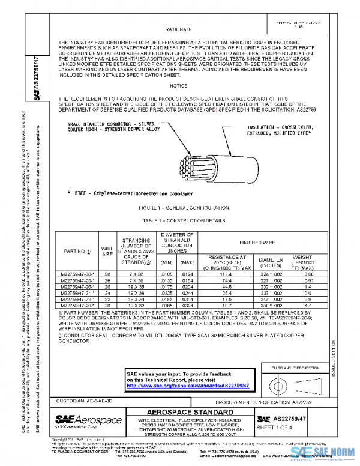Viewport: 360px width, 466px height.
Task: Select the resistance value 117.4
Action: [227, 273]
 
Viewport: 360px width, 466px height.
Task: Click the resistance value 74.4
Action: [227, 280]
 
